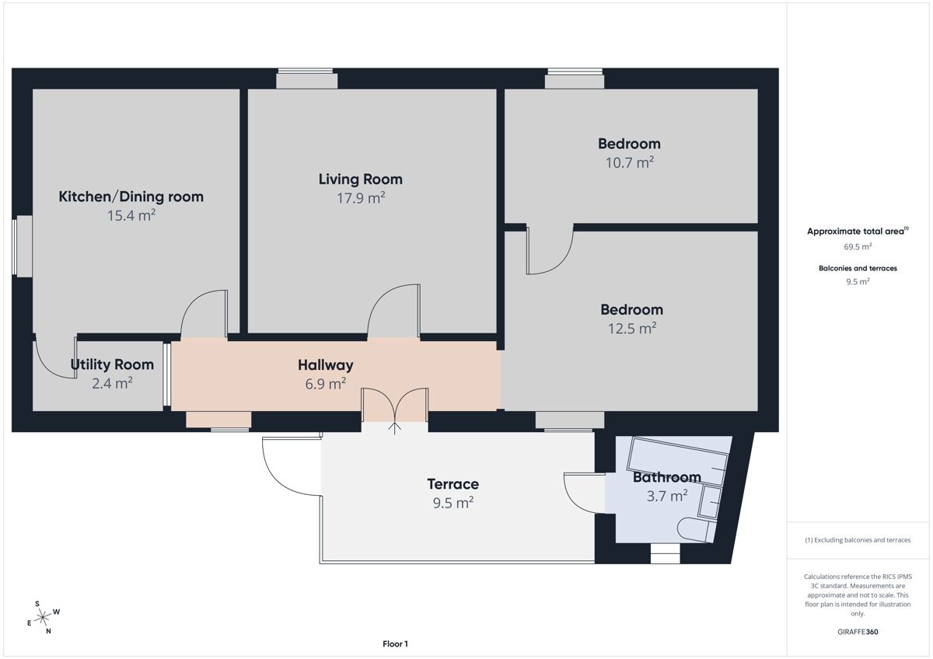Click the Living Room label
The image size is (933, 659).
360,180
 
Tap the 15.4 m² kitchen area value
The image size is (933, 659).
131,215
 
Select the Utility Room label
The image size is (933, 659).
112,364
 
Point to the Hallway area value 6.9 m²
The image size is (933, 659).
326,383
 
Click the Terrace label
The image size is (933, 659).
453,483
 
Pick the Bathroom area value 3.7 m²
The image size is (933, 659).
667,496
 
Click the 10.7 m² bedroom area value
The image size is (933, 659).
629,162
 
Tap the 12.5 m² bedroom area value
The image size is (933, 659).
632,328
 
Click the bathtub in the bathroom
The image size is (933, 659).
678,460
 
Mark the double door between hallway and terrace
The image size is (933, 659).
394,406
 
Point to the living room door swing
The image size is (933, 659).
393,310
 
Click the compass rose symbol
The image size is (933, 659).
44,617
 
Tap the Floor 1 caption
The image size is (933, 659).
395,643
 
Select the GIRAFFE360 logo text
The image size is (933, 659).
858,632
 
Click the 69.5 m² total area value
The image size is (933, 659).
858,246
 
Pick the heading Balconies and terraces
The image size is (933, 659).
858,268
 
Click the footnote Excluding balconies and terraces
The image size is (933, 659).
858,540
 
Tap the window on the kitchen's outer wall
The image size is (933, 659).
22,246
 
